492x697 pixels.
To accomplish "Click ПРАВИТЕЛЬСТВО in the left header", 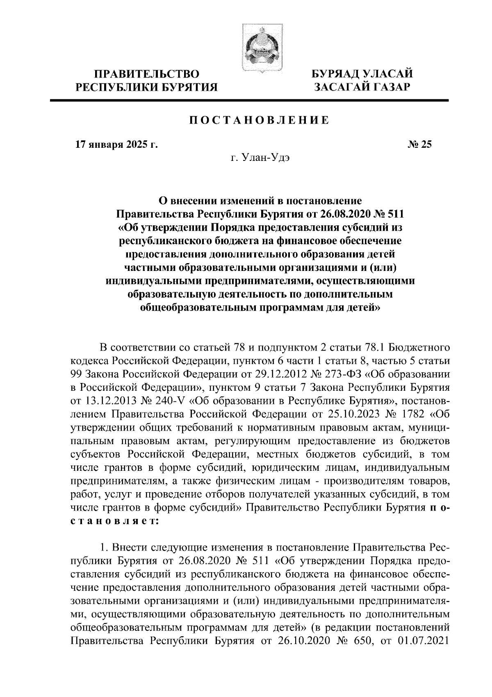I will (x=147, y=75).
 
